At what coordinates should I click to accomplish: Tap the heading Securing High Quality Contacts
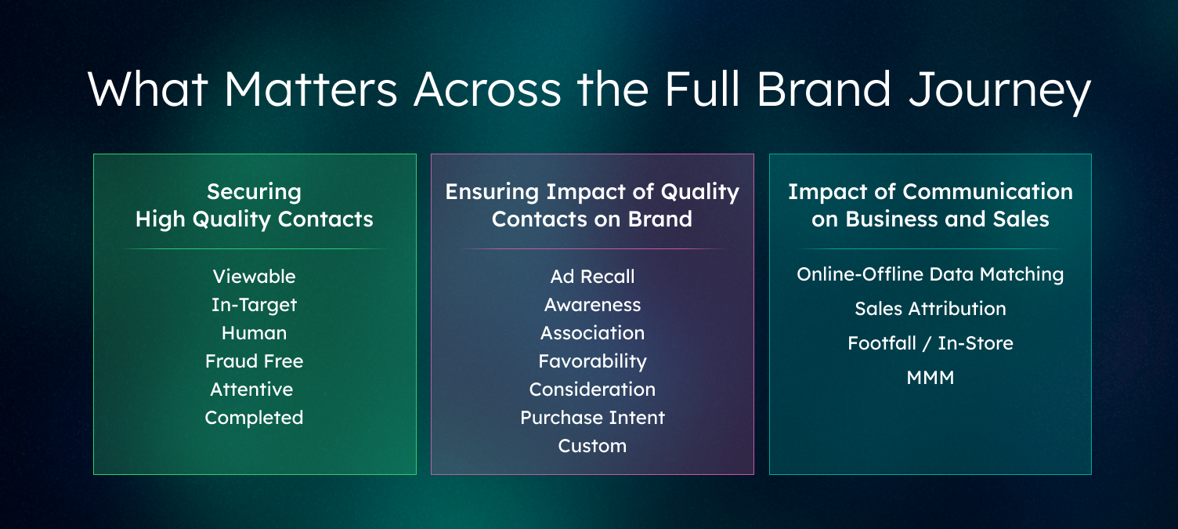pos(254,205)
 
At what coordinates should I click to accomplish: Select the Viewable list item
pos(254,277)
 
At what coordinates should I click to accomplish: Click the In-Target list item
pos(254,305)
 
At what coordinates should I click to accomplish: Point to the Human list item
pos(254,333)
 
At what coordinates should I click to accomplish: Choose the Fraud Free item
pos(254,361)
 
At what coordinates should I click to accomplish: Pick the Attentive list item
pos(251,390)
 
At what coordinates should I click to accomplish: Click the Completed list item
pos(254,418)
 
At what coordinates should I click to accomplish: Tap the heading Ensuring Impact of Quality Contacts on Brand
pos(592,205)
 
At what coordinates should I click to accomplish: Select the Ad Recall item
pos(592,277)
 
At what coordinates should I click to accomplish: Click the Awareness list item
pos(592,305)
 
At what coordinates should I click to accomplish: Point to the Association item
pos(592,333)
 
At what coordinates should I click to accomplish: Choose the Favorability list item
pos(592,361)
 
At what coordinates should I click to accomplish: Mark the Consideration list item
pos(592,390)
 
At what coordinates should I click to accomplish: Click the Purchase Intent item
pos(592,418)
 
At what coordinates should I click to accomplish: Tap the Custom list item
pos(592,446)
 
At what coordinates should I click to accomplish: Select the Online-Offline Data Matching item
pos(930,274)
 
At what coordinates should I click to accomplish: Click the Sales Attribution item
pos(930,309)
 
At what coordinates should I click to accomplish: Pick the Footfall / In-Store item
pos(930,343)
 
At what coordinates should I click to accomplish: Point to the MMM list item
pos(930,378)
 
